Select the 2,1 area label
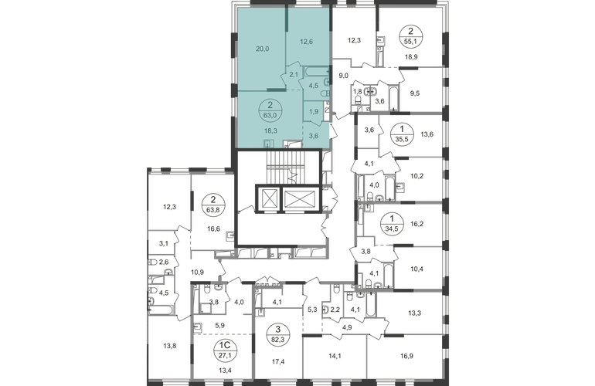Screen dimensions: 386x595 click(294, 75)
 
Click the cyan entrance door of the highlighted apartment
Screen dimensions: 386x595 click(333, 134)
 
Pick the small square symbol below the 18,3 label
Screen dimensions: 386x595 click(267, 143)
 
